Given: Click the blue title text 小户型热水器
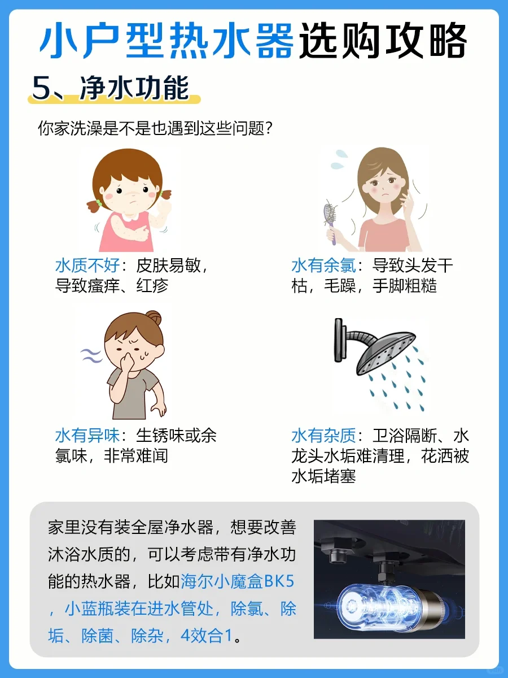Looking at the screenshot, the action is [x=167, y=40].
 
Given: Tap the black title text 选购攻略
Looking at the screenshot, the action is [x=383, y=40].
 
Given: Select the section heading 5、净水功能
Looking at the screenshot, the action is [x=111, y=88].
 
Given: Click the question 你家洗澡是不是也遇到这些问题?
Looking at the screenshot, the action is [x=155, y=128].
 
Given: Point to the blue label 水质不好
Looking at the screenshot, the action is [x=87, y=266].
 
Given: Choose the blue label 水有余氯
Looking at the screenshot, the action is [x=323, y=266].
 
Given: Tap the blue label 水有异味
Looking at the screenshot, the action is [x=87, y=436].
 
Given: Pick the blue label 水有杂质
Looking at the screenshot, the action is [x=323, y=436].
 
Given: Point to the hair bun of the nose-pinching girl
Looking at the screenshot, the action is [x=154, y=318].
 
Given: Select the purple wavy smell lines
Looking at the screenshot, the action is [x=91, y=356].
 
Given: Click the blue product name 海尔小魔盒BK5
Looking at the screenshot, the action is [x=238, y=581].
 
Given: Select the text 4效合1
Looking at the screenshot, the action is [x=206, y=636].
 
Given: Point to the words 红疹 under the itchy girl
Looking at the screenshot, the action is [x=152, y=285].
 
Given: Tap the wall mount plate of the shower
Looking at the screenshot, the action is [x=338, y=340].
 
